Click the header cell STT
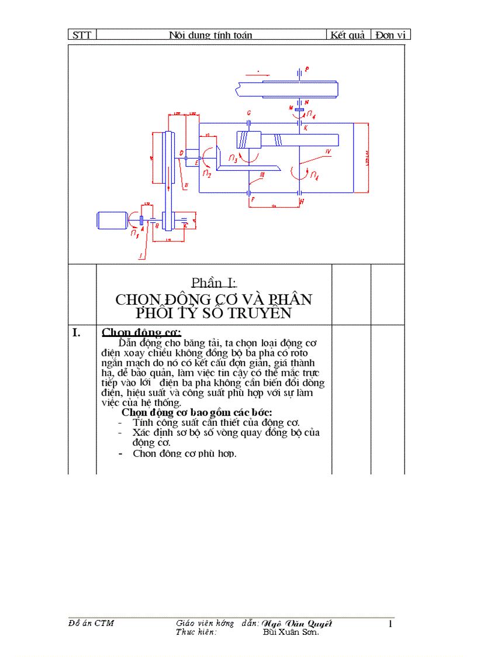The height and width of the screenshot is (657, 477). [82, 35]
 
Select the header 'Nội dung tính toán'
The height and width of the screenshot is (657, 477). [210, 35]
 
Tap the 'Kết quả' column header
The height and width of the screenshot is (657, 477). [348, 35]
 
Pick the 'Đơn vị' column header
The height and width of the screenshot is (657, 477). [390, 35]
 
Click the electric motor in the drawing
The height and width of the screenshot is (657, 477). [112, 220]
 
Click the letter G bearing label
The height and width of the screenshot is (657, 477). [249, 112]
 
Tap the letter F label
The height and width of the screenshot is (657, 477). [252, 200]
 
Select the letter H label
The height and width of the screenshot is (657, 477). [302, 201]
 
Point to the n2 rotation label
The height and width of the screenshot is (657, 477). [206, 173]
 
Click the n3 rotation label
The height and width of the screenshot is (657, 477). [233, 158]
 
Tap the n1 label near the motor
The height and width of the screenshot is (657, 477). [136, 233]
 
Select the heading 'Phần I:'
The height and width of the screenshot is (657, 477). [213, 283]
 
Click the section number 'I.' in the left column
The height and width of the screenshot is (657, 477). [76, 333]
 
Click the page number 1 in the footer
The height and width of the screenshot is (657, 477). [390, 624]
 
